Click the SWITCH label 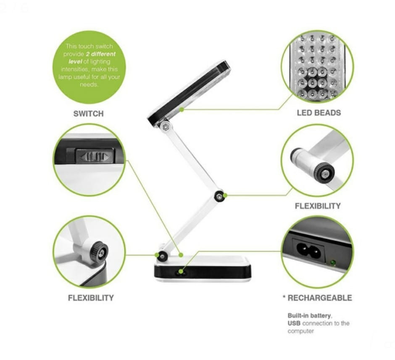pos(88,114)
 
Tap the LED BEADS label pos(319,113)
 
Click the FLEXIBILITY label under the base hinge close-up pos(91,298)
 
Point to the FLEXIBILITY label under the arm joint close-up pos(317,206)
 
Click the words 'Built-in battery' pos(309,315)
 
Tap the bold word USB pos(294,323)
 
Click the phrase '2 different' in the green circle pos(100,54)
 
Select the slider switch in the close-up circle pos(95,157)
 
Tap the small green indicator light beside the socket pos(333,263)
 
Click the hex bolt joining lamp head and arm pos(166,127)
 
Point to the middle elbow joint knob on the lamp pos(219,196)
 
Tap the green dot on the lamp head pos(182,109)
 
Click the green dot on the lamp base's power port pos(181,272)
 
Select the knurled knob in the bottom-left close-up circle pos(99,252)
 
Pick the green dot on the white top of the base pos(181,255)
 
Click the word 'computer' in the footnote pos(301,331)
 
